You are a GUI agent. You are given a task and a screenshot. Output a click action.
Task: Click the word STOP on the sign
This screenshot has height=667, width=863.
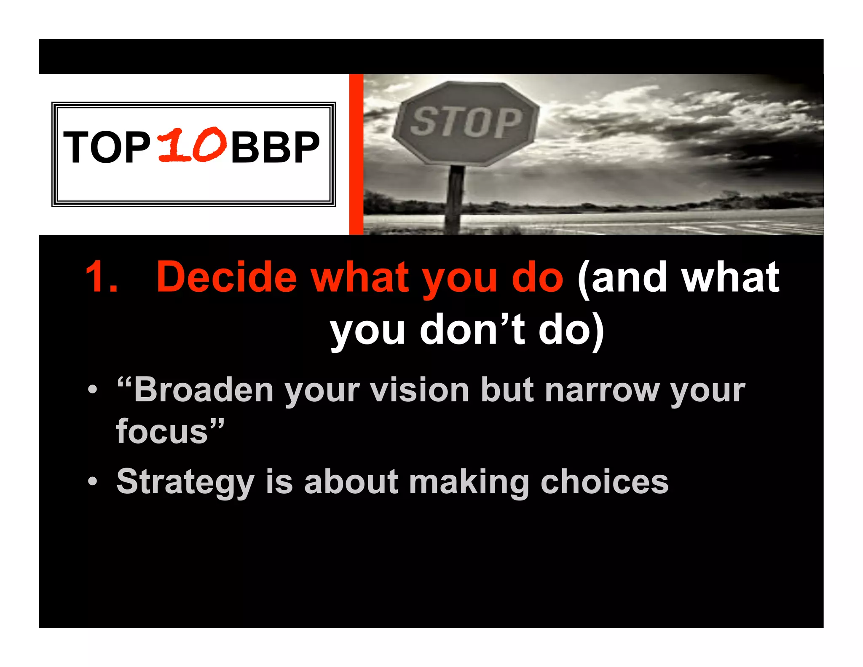tap(466, 122)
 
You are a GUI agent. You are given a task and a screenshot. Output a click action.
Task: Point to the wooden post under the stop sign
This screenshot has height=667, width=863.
tap(455, 198)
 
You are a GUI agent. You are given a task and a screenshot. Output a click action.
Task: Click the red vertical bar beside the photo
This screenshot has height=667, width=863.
tap(356, 154)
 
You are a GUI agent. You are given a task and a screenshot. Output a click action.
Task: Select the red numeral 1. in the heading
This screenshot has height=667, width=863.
tap(101, 277)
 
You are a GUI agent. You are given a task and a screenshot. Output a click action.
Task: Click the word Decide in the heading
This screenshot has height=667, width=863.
tap(227, 277)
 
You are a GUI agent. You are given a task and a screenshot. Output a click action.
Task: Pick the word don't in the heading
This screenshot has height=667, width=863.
tap(472, 330)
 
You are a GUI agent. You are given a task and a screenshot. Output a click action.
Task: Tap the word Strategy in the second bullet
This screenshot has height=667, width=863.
tap(185, 482)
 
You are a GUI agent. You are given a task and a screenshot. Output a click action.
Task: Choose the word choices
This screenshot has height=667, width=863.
tap(604, 482)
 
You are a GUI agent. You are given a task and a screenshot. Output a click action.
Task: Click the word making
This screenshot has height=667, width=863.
tap(469, 482)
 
